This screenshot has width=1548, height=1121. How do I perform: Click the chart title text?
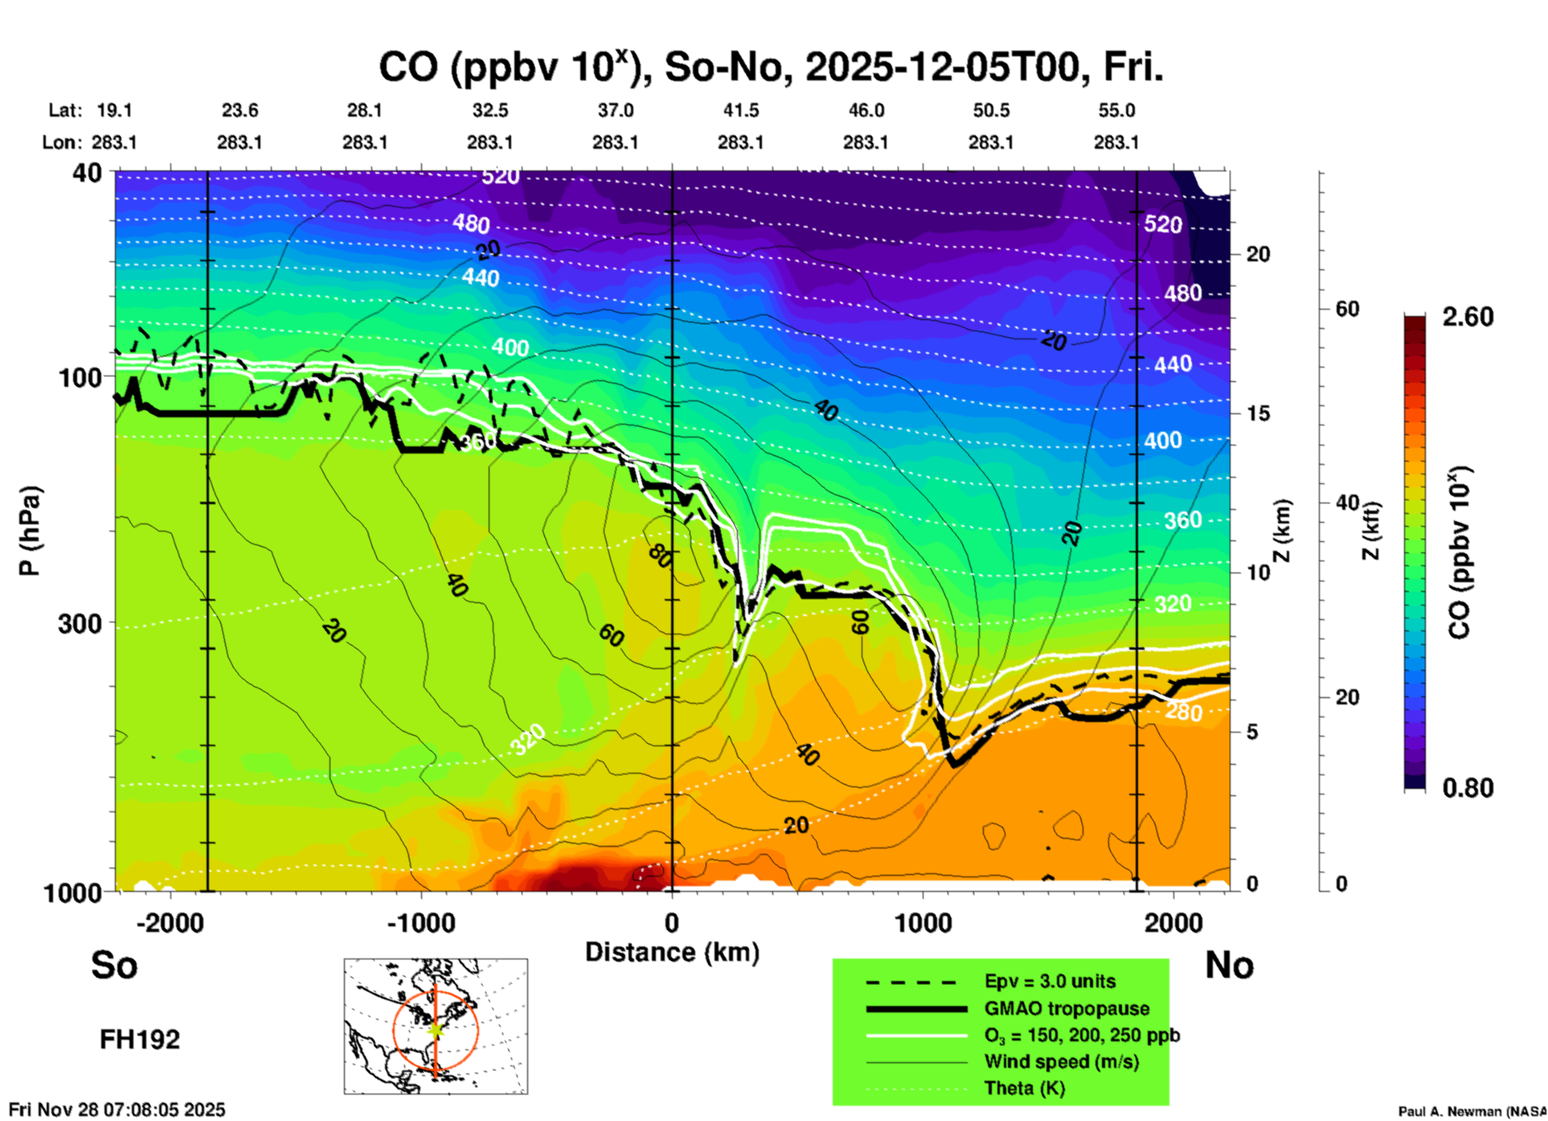pyautogui.click(x=770, y=68)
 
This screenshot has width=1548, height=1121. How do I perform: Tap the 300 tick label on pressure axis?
pyautogui.click(x=80, y=623)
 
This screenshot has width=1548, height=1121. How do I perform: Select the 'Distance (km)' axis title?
pyautogui.click(x=672, y=952)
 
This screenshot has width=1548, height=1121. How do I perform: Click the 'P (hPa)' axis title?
pyautogui.click(x=29, y=531)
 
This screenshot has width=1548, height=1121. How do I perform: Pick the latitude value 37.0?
pyautogui.click(x=615, y=110)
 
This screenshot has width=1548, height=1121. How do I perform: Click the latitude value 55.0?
pyautogui.click(x=1116, y=110)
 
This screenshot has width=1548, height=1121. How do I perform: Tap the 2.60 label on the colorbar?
pyautogui.click(x=1468, y=317)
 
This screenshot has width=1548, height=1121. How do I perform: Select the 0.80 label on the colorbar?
pyautogui.click(x=1468, y=787)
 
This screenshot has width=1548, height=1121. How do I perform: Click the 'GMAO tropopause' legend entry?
pyautogui.click(x=1067, y=1008)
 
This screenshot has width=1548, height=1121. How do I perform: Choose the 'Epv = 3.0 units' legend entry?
pyautogui.click(x=1050, y=981)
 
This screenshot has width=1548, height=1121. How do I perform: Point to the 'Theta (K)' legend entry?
pyautogui.click(x=1025, y=1088)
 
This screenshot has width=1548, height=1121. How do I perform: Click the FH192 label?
pyautogui.click(x=140, y=1039)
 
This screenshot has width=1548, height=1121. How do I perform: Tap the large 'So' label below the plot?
pyautogui.click(x=114, y=964)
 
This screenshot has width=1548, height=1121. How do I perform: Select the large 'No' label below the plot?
pyautogui.click(x=1229, y=964)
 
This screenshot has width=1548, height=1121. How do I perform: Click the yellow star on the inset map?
pyautogui.click(x=436, y=1029)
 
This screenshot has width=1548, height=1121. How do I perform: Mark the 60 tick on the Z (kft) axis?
pyautogui.click(x=1347, y=309)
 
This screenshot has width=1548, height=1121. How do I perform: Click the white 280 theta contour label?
pyautogui.click(x=1183, y=712)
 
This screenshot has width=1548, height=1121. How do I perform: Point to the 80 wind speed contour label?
pyautogui.click(x=660, y=555)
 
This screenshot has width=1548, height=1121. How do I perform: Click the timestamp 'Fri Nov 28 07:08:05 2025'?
pyautogui.click(x=117, y=1110)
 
